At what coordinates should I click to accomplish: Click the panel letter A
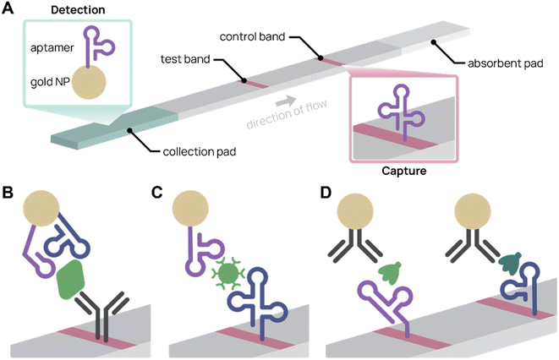pyautogui.click(x=9, y=9)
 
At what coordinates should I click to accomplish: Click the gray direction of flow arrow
pyautogui.click(x=291, y=101)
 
